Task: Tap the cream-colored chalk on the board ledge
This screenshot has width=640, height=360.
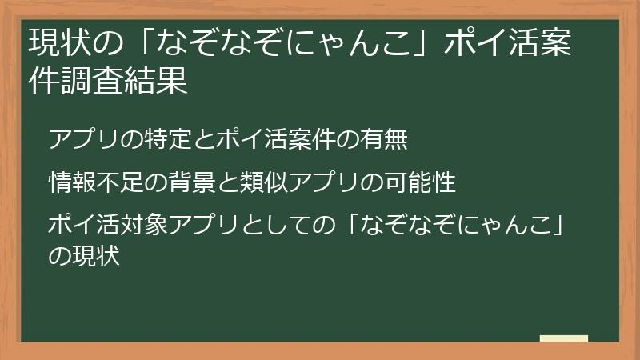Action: (x=564, y=338)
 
